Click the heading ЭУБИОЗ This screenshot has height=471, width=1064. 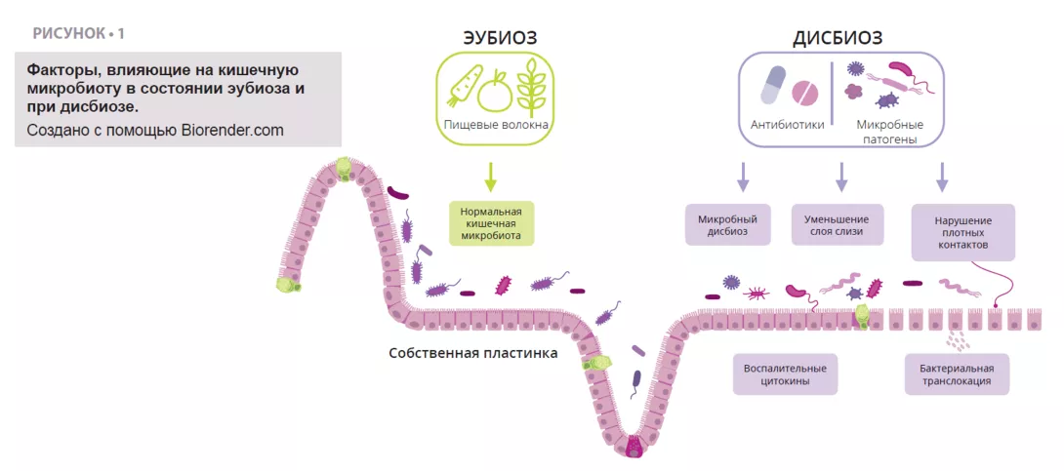(x=500, y=37)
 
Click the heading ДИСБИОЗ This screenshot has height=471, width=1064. (x=838, y=38)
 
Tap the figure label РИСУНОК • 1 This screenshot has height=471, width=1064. (x=79, y=33)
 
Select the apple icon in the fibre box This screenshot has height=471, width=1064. (x=495, y=90)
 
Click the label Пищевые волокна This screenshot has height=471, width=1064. (x=496, y=125)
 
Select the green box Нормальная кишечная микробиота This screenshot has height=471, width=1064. (x=492, y=222)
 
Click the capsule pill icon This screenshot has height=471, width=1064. (x=773, y=87)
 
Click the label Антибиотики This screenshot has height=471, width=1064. (x=788, y=125)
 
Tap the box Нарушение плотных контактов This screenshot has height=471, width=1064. (x=962, y=232)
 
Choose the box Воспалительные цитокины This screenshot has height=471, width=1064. (x=785, y=374)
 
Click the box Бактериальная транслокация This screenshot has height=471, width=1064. (x=957, y=374)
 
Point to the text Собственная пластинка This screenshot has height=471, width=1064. (x=473, y=353)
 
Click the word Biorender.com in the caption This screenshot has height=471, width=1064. (x=232, y=130)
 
